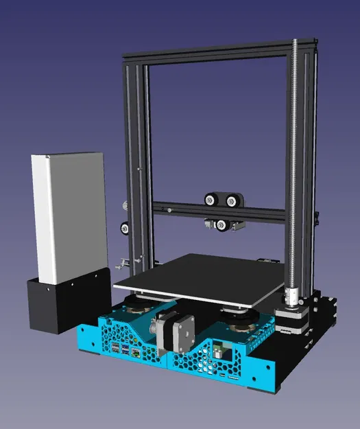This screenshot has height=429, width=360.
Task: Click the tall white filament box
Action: (x=67, y=216)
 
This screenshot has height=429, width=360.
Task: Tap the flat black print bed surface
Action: (x=199, y=278)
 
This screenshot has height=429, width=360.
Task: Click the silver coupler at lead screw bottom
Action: (x=291, y=297)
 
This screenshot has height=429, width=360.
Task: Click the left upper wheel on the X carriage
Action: (x=211, y=200)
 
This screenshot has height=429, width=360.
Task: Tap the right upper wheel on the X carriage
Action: (x=232, y=201)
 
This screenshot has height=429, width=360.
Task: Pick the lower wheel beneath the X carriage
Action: (x=221, y=224)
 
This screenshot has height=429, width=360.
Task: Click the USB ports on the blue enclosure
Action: (x=120, y=351)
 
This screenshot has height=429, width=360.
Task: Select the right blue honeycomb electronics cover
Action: (x=219, y=353)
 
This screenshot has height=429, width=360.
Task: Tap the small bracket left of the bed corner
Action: (x=124, y=262)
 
